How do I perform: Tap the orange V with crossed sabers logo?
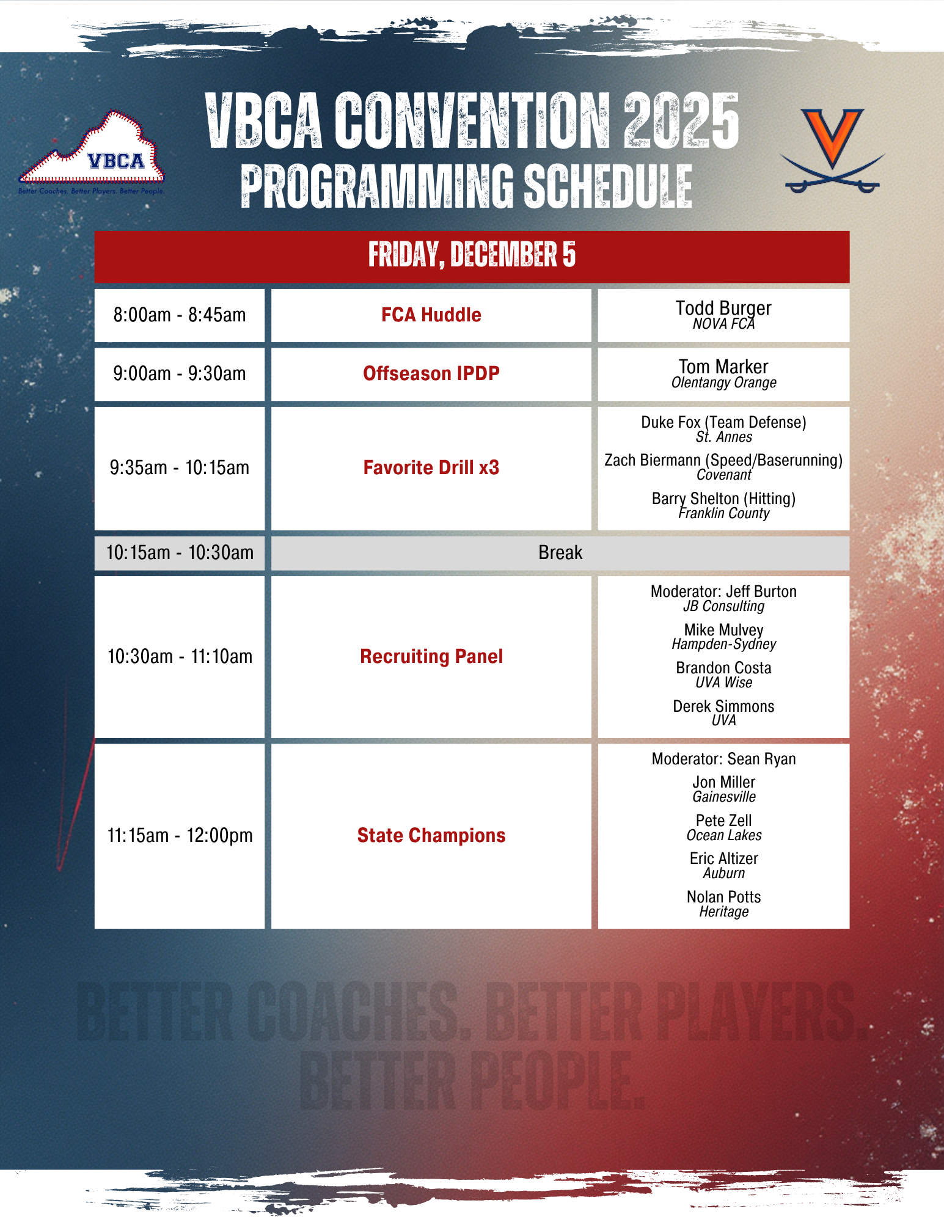[x=832, y=150]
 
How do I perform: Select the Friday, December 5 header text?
[x=472, y=254]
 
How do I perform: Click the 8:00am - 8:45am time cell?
[x=180, y=315]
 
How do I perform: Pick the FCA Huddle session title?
[x=431, y=315]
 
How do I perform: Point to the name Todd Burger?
[x=723, y=308]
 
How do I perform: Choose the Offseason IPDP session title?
[x=431, y=373]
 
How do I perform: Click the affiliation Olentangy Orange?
[x=724, y=383]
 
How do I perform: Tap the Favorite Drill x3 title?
[x=431, y=467]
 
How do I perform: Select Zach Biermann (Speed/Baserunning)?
[x=723, y=460]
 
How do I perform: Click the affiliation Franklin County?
[x=724, y=513]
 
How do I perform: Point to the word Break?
[x=560, y=552]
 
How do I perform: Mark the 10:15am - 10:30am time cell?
[x=180, y=553]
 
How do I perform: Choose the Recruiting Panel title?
[x=431, y=656]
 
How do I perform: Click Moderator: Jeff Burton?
[x=724, y=591]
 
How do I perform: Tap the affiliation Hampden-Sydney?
[x=724, y=644]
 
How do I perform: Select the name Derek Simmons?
[x=723, y=706]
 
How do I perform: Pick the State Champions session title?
[x=431, y=835]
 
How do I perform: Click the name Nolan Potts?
[x=724, y=897]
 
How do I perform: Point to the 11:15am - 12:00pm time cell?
[x=180, y=836]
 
